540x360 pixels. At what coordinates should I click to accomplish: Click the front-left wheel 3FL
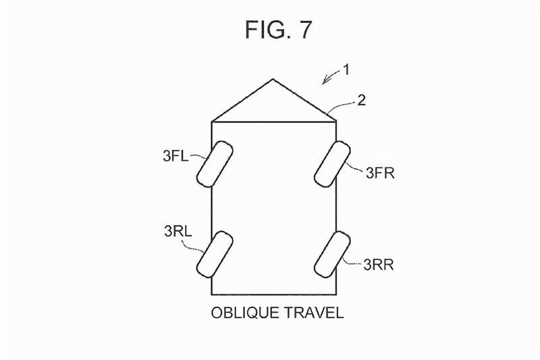click(215, 164)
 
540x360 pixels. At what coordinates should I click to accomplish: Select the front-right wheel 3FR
click(332, 164)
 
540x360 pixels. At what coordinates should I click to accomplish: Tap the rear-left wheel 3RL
click(215, 254)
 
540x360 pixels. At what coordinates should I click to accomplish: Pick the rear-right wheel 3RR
click(332, 254)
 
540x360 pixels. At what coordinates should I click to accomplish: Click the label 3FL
click(175, 156)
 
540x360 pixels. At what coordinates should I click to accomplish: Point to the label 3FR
click(380, 173)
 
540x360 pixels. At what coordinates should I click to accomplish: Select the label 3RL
click(178, 231)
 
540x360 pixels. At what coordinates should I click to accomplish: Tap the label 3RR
click(379, 265)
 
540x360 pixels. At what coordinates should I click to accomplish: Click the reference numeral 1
click(346, 70)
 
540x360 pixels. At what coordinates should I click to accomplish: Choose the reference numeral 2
click(361, 100)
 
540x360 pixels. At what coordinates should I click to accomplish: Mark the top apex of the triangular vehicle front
click(273, 79)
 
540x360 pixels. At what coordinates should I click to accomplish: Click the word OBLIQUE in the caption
click(245, 313)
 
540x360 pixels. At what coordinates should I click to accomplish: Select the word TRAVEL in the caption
click(314, 313)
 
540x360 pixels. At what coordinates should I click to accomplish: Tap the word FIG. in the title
click(265, 29)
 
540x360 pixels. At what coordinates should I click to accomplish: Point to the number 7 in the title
click(304, 29)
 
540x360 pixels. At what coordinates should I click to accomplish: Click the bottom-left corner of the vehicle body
click(212, 294)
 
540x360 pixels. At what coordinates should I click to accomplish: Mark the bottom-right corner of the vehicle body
click(335, 294)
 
